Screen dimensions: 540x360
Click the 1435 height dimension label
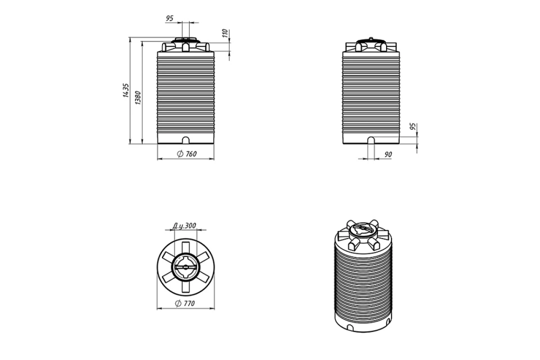click(126, 90)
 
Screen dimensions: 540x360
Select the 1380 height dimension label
click(138, 98)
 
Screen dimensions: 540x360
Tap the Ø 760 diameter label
click(187, 154)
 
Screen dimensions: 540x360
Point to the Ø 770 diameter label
click(185, 303)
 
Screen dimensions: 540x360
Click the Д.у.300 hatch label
click(184, 226)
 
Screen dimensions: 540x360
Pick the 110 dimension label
click(225, 33)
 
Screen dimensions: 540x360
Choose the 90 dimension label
click(388, 154)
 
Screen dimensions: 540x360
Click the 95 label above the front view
click(170, 18)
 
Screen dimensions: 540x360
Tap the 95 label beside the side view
click(413, 126)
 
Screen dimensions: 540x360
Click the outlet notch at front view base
click(185, 140)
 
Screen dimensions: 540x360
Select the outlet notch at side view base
click(371, 140)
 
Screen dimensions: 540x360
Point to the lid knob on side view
click(371, 38)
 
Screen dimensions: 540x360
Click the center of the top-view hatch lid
click(185, 267)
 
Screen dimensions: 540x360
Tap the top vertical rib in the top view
click(185, 247)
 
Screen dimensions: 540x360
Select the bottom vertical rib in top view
click(185, 287)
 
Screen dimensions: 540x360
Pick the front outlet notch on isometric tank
click(350, 328)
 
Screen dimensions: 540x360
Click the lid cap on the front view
click(185, 40)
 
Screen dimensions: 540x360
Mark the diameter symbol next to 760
click(180, 154)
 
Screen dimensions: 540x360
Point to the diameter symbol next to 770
click(178, 303)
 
